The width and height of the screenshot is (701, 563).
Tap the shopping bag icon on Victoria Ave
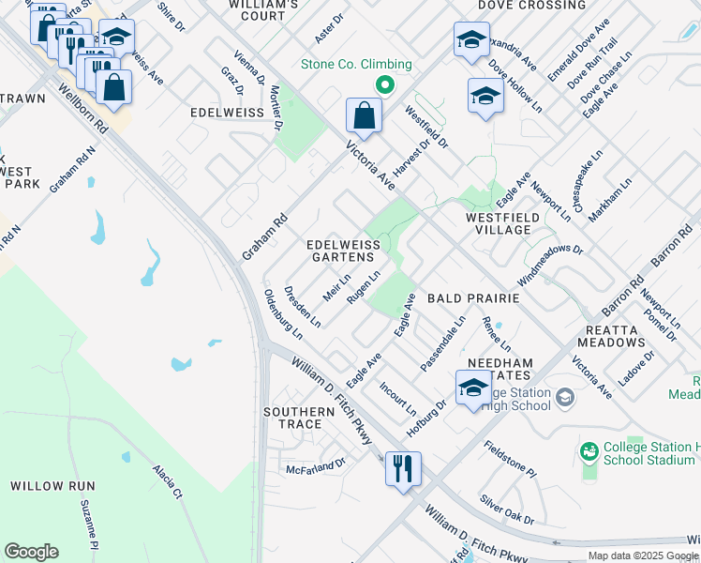pyautogui.click(x=363, y=117)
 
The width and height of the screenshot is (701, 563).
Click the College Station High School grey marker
pyautogui.click(x=564, y=398)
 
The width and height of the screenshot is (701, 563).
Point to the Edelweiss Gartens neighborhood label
pyautogui.click(x=344, y=251)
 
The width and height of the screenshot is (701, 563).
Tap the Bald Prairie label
pyautogui.click(x=473, y=297)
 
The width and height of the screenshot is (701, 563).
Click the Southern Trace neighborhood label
pyautogui.click(x=299, y=418)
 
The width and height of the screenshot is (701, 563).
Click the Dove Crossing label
pyautogui.click(x=531, y=6)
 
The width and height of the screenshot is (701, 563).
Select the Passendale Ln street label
pyautogui.click(x=443, y=342)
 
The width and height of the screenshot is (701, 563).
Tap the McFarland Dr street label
pyautogui.click(x=316, y=464)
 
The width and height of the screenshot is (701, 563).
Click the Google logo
pyautogui.click(x=31, y=552)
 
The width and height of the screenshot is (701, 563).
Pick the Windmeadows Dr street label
pyautogui.click(x=551, y=266)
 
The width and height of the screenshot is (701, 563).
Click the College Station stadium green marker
pyautogui.click(x=588, y=452)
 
